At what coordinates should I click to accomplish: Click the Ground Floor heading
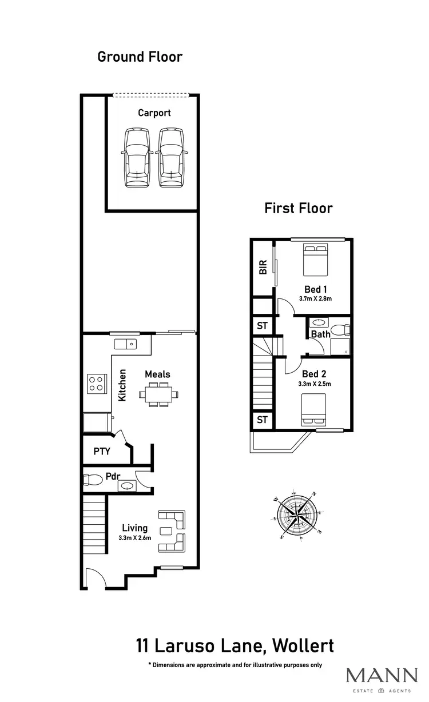[x=140, y=57]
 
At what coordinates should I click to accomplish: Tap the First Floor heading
[x=298, y=208]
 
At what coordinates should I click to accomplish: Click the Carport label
[x=154, y=113]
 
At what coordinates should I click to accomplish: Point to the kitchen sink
[x=125, y=344]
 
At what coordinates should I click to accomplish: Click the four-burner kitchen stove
[x=97, y=383]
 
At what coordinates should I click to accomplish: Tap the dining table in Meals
[x=158, y=394]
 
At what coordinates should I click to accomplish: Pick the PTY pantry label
[x=102, y=451]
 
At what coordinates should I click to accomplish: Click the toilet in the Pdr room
[x=92, y=480]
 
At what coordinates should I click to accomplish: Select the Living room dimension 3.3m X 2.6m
[x=134, y=538]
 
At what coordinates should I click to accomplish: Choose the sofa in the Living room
[x=173, y=531]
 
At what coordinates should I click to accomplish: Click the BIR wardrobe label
[x=263, y=268]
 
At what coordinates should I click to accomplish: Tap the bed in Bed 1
[x=315, y=258]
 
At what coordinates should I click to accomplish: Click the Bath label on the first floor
[x=321, y=334]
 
